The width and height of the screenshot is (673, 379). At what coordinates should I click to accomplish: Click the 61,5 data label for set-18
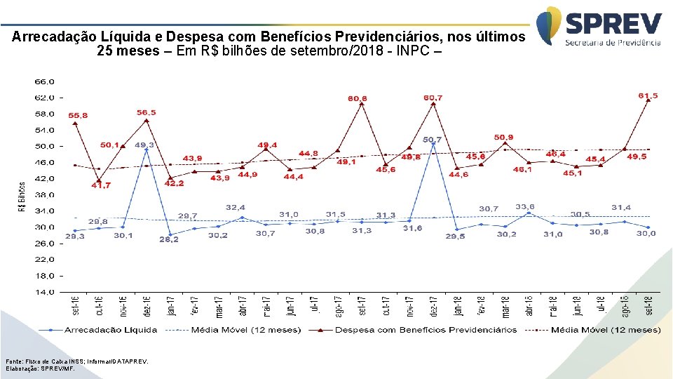point(648,95)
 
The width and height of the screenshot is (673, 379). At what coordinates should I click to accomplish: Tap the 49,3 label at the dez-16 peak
point(144,144)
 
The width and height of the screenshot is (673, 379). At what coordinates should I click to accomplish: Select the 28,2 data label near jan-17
point(170,239)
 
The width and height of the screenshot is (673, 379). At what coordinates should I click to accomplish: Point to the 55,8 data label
point(78,114)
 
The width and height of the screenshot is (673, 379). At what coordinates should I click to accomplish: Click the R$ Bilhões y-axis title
point(22,197)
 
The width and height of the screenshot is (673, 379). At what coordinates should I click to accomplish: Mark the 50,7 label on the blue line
point(432,140)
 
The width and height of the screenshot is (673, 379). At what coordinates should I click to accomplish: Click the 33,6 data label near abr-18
point(526,206)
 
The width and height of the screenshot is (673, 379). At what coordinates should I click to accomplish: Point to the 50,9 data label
point(503,137)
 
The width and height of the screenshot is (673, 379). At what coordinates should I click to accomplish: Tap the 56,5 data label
point(147,112)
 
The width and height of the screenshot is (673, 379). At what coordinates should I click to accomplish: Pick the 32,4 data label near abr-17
point(235,207)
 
